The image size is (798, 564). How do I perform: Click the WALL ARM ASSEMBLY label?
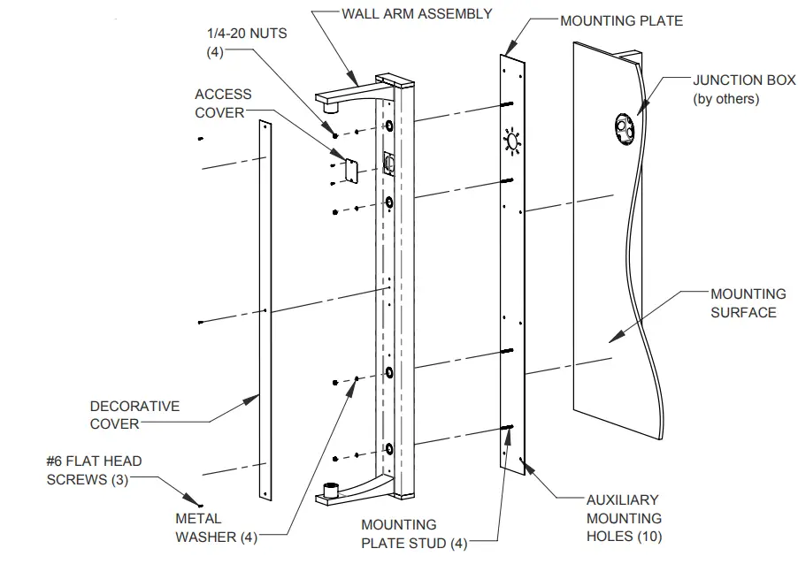tap(417, 13)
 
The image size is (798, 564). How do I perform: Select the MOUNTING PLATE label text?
tap(621, 19)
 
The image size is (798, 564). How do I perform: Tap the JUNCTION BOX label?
tap(743, 80)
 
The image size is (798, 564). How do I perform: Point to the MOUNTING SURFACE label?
tap(748, 302)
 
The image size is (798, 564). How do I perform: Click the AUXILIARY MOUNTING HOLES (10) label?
tap(624, 518)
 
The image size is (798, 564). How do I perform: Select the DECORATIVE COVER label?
tap(134, 415)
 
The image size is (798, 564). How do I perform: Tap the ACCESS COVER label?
tap(223, 103)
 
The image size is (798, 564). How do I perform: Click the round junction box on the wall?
tap(624, 127)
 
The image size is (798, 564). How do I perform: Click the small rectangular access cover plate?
tap(349, 171)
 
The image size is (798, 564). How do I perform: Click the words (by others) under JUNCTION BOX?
tap(725, 98)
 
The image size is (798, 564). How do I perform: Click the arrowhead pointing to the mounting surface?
tap(613, 335)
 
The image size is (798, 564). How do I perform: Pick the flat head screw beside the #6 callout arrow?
tap(200, 504)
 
